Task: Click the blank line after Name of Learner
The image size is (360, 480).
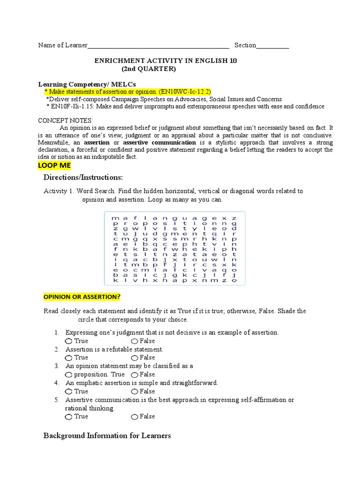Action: (x=158, y=46)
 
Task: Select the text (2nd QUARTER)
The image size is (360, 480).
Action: (x=149, y=69)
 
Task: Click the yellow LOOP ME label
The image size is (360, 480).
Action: (x=54, y=166)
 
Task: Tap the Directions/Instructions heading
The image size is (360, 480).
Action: (x=82, y=177)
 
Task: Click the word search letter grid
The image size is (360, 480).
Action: (x=173, y=249)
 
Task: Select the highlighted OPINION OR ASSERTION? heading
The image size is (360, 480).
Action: (x=82, y=297)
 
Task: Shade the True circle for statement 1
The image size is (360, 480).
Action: (x=69, y=341)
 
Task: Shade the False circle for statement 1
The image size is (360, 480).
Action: (x=135, y=341)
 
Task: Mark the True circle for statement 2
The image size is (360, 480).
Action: (x=69, y=358)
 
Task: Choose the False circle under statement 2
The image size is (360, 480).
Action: (x=135, y=358)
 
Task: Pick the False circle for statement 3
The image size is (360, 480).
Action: (x=135, y=375)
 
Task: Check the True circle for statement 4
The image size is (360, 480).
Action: (x=69, y=391)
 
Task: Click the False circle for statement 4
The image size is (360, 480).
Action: (x=135, y=391)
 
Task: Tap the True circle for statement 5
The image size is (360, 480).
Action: (x=69, y=417)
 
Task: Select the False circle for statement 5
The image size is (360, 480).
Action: (x=135, y=417)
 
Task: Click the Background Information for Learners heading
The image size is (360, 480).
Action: (x=107, y=436)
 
